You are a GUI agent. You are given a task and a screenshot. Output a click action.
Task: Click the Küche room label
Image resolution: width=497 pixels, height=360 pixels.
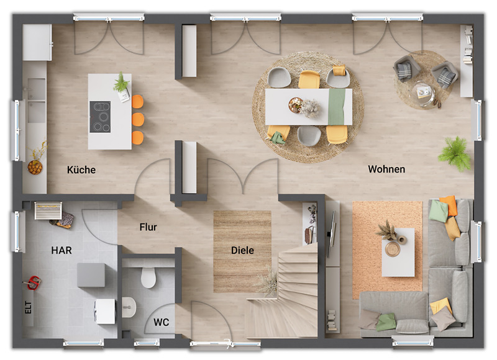tap(81, 169)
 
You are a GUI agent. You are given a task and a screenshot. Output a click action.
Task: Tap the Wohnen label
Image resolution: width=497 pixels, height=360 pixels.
tap(386, 169)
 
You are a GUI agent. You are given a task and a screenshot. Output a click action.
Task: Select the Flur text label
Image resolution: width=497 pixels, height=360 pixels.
tap(148, 227)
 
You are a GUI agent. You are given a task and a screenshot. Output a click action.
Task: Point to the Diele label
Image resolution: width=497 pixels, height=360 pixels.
tap(242, 250)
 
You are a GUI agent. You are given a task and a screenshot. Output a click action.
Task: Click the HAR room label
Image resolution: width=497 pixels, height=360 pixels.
tap(62, 251)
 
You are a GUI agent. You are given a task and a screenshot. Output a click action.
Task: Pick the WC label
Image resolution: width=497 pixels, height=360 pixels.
tap(161, 322)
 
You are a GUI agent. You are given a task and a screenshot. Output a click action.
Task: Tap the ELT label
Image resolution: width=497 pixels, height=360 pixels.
tap(29, 307)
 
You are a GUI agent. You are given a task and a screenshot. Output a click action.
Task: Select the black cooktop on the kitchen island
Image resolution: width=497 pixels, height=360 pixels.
tap(100, 117)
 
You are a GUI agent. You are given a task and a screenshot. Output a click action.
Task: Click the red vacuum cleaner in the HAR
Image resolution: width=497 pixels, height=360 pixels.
tap(34, 282)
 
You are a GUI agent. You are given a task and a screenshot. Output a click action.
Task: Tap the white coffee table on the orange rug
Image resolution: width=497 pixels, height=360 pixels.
tap(398, 252)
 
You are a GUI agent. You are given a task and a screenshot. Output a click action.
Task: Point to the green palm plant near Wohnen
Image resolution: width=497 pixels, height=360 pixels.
tap(455, 153)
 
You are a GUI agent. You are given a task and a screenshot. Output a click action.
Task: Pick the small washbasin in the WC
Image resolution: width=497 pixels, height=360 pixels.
tap(129, 307)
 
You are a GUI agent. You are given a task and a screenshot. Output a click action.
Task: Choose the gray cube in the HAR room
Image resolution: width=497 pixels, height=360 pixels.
tap(91, 275)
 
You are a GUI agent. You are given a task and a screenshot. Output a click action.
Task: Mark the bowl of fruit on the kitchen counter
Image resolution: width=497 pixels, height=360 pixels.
tap(35, 166)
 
